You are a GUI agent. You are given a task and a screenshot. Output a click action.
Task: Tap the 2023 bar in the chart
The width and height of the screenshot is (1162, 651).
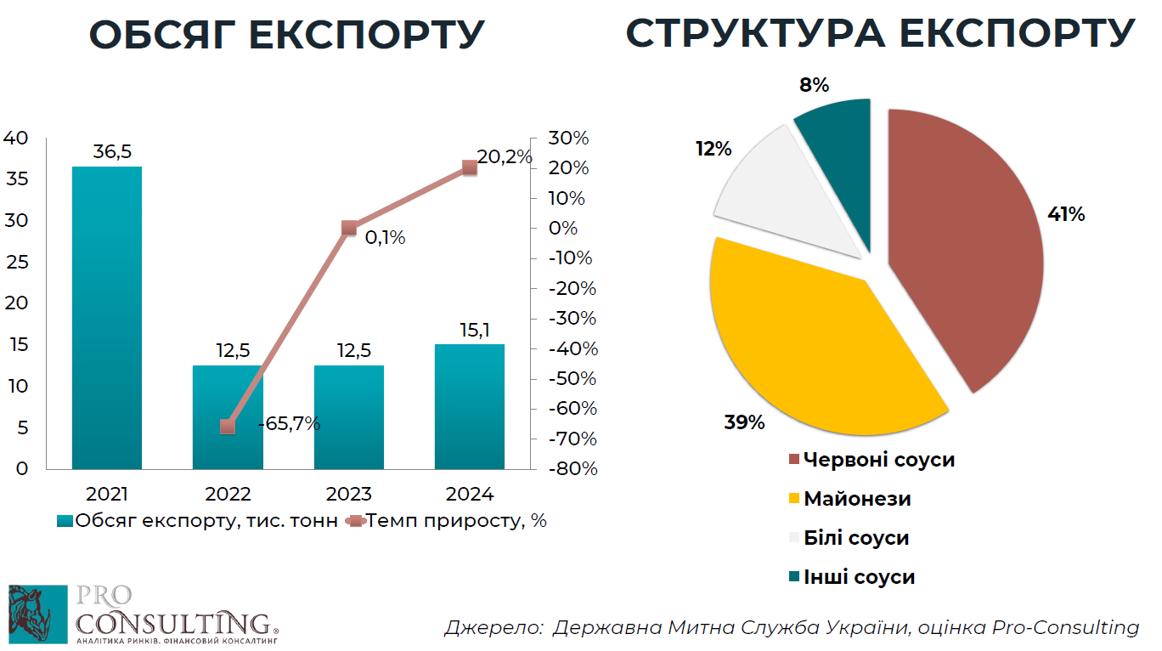coord(349,416)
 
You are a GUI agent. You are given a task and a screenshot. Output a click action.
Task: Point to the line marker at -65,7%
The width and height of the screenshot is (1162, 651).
coord(228,426)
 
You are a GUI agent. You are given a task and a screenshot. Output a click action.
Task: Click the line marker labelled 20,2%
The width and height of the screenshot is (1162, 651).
coord(470,167)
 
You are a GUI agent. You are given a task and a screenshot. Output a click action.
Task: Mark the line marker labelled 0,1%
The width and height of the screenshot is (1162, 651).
coord(349,228)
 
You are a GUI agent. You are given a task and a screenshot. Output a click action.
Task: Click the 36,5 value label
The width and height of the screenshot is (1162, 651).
coord(112,152)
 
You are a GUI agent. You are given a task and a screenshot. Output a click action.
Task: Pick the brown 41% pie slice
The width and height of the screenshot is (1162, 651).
coord(968,246)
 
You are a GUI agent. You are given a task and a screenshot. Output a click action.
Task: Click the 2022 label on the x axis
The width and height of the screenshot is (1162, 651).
coord(228,494)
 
